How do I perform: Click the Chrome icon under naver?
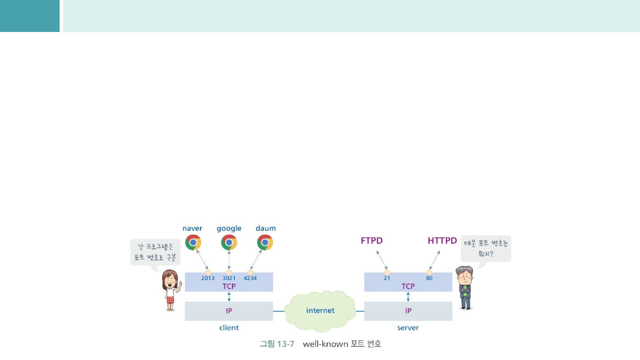[193, 242]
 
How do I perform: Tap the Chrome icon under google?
[229, 242]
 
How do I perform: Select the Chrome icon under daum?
[265, 242]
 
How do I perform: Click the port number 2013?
[208, 278]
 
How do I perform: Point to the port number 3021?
[229, 278]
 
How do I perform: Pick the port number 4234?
[250, 278]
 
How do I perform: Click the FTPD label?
[372, 241]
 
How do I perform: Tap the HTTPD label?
[442, 241]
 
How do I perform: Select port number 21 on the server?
[387, 278]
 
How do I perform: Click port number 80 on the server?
[429, 278]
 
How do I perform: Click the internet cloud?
[320, 310]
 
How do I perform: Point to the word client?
[229, 328]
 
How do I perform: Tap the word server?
[408, 328]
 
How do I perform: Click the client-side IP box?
[229, 311]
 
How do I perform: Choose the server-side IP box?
[408, 311]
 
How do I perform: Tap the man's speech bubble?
[486, 248]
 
